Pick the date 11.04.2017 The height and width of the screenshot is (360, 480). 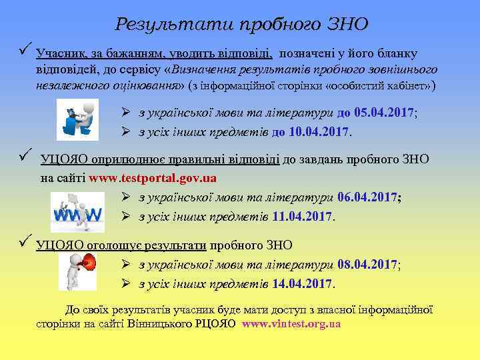coord(303,217)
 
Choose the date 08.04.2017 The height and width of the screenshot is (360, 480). coord(367,265)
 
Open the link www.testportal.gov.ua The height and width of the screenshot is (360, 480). coord(153,179)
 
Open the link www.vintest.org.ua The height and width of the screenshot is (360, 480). coord(291,324)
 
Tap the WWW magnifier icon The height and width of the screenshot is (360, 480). coord(77,211)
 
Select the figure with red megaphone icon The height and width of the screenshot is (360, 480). coord(78,271)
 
